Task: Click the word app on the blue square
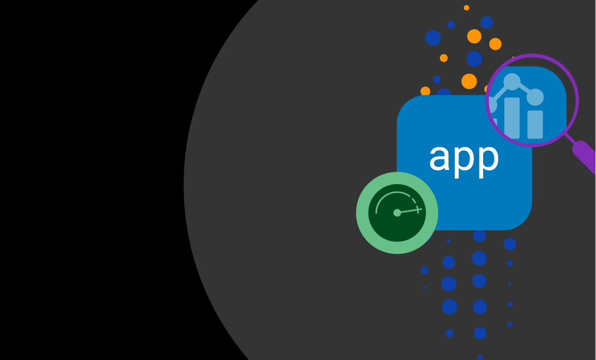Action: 464,160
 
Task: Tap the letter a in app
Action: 439,157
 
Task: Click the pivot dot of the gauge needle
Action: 397,212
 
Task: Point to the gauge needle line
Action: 409,211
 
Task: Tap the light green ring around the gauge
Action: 362,212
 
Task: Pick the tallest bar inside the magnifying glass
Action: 511,118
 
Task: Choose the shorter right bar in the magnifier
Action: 535,124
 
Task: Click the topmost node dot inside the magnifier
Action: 511,82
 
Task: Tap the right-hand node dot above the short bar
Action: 535,97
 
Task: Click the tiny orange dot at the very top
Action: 466,8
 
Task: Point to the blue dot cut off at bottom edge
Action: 480,358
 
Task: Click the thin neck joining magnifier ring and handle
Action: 570,139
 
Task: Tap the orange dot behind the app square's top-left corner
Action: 425,91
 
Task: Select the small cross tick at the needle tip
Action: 418,209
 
